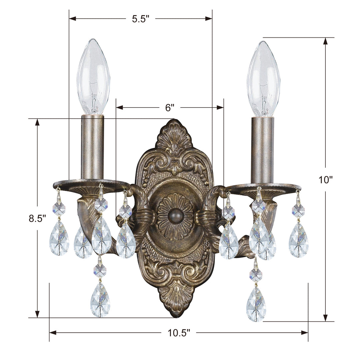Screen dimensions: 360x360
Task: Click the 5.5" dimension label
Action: point(140,19)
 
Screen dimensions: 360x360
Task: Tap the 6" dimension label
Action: point(170,107)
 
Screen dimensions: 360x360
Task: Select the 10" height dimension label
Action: point(326,180)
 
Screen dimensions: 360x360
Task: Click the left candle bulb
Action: point(93,77)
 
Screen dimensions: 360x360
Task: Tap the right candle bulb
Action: point(263,79)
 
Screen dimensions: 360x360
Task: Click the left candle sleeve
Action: point(92,147)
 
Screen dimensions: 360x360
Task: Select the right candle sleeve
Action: point(262,150)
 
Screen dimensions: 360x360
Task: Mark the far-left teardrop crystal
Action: point(59,239)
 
